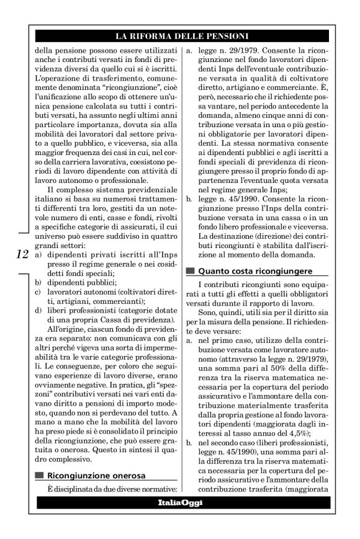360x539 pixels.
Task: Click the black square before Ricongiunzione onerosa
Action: pos(39,476)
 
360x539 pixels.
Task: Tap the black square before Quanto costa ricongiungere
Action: pos(189,271)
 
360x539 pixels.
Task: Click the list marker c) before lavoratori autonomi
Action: pos(38,292)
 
